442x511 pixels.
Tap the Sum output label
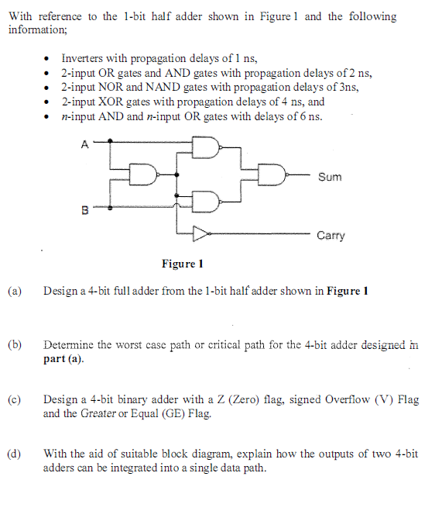[x=329, y=177]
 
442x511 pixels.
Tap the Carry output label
[x=331, y=235]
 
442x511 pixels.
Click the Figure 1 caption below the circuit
[x=182, y=264]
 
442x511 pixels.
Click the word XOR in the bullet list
[x=113, y=102]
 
